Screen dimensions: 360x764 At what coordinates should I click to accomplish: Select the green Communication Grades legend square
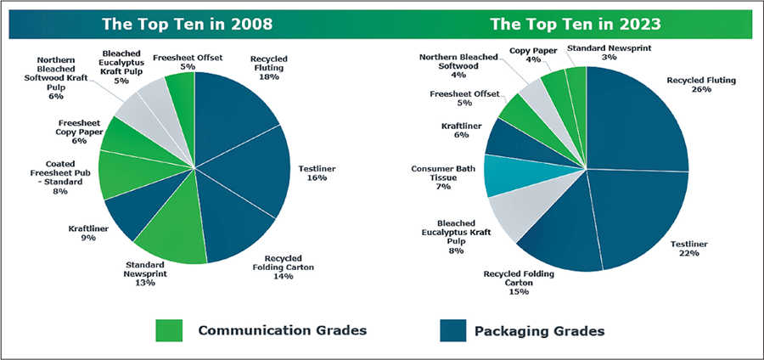pyautogui.click(x=170, y=330)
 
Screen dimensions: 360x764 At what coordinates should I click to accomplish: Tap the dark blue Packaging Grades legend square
pyautogui.click(x=454, y=330)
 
